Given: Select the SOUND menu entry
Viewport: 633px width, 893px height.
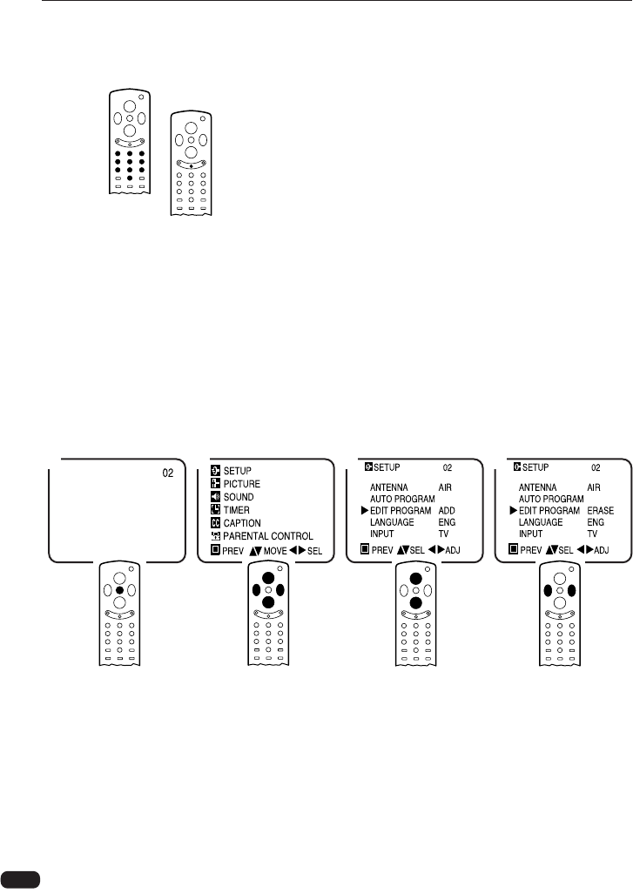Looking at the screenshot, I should (239, 497).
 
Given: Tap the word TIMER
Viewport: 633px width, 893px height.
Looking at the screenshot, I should (238, 510).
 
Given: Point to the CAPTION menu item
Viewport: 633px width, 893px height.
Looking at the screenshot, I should (243, 523).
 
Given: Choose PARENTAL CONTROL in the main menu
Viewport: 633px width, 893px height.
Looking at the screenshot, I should (268, 536).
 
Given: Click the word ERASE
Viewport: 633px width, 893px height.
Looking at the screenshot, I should (601, 510).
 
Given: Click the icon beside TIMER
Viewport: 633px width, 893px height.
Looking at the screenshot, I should (214, 510).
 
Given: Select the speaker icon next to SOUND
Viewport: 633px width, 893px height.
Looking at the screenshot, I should (214, 497).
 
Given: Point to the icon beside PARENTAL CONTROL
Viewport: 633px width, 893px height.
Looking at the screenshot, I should (214, 536).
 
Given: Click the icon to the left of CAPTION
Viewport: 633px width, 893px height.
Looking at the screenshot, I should (214, 523).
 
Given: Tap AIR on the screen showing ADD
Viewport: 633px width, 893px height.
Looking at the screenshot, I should (448, 488).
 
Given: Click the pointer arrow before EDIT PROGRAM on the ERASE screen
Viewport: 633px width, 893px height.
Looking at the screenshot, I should (513, 510).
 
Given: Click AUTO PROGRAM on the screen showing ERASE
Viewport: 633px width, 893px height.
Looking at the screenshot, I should (551, 499).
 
